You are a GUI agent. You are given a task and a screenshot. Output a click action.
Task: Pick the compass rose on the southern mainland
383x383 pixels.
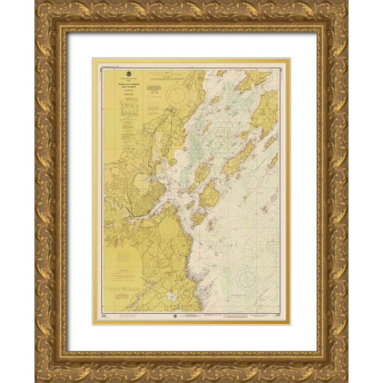coord(167,228)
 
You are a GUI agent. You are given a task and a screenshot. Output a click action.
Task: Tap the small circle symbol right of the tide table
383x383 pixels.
coord(148,109)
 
